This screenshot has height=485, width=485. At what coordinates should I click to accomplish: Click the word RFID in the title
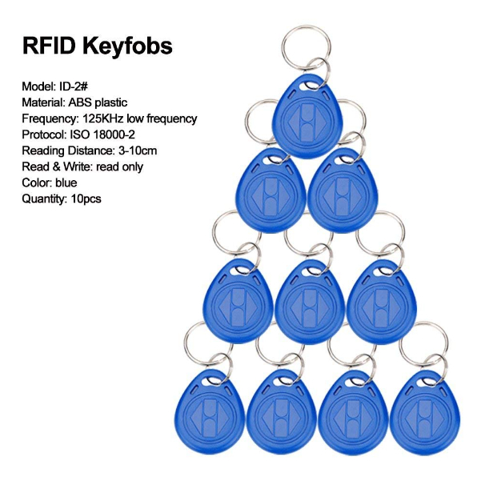point(49,46)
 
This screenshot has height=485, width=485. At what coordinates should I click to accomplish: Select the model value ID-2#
point(74,86)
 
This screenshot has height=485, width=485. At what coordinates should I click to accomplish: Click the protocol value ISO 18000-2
point(102,134)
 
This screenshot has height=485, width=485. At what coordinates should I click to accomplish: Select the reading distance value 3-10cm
point(138,150)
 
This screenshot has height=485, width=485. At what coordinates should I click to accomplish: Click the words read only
point(120,167)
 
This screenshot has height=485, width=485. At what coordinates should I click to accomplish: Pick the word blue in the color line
point(66,182)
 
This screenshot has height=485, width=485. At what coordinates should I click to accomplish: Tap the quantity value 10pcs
point(86,199)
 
